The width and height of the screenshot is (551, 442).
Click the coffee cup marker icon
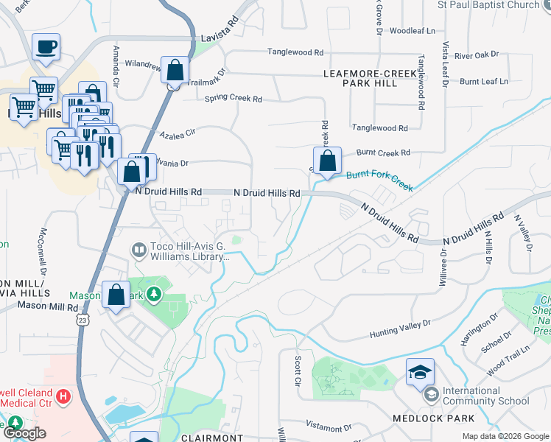point(46,48)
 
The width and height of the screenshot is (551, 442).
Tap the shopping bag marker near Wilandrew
point(175,71)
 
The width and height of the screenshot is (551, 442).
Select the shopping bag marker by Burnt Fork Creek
point(327,160)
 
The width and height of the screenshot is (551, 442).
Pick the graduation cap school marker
point(420,372)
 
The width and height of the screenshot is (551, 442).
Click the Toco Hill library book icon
point(138,251)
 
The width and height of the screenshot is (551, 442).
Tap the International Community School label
point(486,396)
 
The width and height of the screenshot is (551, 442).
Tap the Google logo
point(24,433)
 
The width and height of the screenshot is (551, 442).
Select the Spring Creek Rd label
point(234,98)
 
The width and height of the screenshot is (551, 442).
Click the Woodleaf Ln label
point(413,31)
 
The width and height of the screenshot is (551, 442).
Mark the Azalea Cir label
point(180,133)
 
